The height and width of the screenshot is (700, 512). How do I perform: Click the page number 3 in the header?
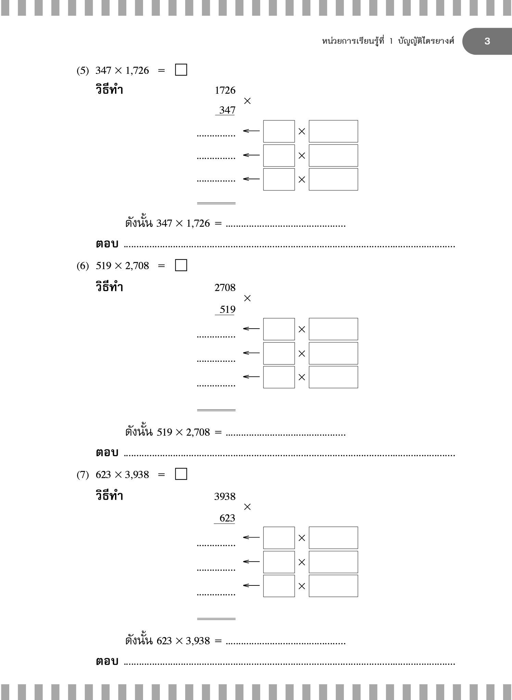pyautogui.click(x=487, y=41)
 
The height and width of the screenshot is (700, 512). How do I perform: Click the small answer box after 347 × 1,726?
pyautogui.click(x=181, y=70)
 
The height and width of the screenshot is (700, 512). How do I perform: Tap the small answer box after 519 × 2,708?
pyautogui.click(x=181, y=265)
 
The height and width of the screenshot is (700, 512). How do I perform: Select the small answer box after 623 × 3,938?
pyautogui.click(x=181, y=474)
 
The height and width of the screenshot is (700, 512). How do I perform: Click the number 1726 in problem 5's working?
pyautogui.click(x=225, y=90)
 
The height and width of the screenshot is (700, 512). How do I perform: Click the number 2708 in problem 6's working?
pyautogui.click(x=225, y=288)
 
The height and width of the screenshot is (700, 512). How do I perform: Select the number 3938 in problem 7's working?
pyautogui.click(x=225, y=496)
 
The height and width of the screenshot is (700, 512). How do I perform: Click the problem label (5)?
pyautogui.click(x=82, y=71)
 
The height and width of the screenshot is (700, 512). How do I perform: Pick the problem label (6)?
pyautogui.click(x=82, y=266)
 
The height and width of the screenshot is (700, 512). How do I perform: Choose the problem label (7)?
pyautogui.click(x=82, y=475)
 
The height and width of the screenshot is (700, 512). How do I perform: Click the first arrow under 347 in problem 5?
pyautogui.click(x=251, y=131)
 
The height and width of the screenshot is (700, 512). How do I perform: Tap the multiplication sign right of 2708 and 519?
pyautogui.click(x=247, y=298)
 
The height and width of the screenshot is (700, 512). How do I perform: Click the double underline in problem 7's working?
pyautogui.click(x=216, y=619)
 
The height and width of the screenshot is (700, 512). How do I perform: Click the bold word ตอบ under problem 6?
pyautogui.click(x=107, y=453)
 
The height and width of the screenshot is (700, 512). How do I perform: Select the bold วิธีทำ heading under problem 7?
pyautogui.click(x=109, y=495)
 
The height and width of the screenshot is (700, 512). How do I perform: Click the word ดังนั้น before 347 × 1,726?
pyautogui.click(x=139, y=223)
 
